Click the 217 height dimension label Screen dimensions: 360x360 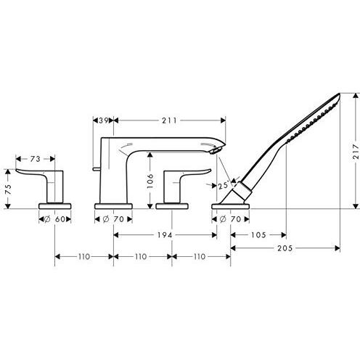(x=355, y=152)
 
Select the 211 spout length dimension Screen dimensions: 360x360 (x=169, y=120)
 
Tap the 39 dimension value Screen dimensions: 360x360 (x=104, y=120)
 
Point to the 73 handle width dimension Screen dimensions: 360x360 (x=35, y=159)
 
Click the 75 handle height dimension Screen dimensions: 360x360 (x=8, y=189)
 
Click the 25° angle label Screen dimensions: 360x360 (x=223, y=186)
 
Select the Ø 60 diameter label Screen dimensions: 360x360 (x=55, y=219)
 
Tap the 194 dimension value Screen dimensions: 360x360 (x=165, y=235)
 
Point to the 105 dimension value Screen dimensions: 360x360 (x=258, y=235)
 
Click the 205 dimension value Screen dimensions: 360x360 (x=285, y=248)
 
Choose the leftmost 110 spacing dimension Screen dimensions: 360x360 (x=84, y=256)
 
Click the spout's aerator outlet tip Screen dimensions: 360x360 (x=214, y=151)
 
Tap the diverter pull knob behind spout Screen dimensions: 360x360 (x=97, y=168)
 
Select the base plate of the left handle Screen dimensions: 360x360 (x=55, y=206)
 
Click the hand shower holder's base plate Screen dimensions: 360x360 (x=230, y=206)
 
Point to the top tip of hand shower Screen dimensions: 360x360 (x=339, y=94)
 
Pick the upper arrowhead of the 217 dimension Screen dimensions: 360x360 (x=356, y=96)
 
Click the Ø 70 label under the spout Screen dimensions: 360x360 (x=113, y=219)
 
